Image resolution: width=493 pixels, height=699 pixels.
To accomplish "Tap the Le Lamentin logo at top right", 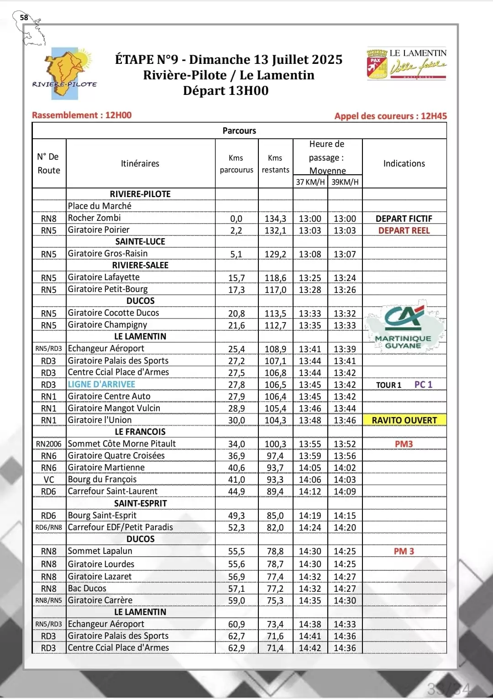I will tap(406, 64).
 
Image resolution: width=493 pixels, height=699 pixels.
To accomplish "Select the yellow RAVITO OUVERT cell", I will tap(404, 420).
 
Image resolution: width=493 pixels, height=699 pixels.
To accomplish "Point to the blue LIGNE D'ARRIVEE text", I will tap(101, 385).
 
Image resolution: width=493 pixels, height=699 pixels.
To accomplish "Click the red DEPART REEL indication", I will tap(404, 230).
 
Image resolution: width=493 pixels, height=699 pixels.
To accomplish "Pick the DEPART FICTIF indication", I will tap(404, 219).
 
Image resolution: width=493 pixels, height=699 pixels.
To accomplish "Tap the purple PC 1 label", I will tap(423, 385).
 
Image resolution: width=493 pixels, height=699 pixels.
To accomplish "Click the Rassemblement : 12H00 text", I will tap(82, 115).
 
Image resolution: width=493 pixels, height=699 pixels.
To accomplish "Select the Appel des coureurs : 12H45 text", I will tap(390, 116).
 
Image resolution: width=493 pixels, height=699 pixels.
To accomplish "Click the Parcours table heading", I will tap(239, 130).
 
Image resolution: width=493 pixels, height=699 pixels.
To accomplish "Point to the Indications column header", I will tap(404, 163).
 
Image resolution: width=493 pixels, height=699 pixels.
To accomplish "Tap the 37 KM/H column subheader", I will tap(310, 182).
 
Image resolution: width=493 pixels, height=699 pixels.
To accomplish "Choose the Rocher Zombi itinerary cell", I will tap(94, 218).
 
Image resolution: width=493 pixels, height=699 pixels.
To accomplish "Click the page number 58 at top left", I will tap(24, 17).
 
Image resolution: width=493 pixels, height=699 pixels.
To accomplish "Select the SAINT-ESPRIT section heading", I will tap(140, 503).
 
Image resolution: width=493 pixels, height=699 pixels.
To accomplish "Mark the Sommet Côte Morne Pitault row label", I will tap(121, 443).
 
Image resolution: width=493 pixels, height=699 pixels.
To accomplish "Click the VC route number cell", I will tap(49, 480).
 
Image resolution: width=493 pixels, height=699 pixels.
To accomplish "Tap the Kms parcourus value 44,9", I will tap(236, 491).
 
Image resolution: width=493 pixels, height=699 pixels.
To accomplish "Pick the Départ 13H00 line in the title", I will tap(226, 90).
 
